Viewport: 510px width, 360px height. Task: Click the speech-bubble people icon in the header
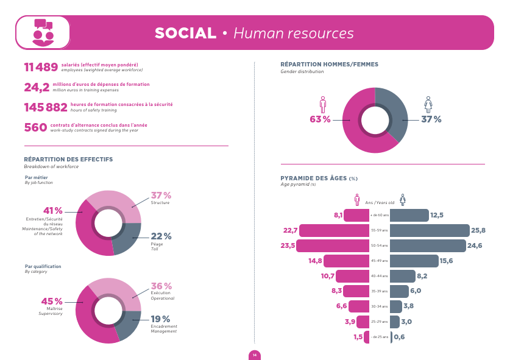click(x=43, y=32)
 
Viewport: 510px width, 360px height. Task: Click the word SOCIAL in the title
click(x=185, y=33)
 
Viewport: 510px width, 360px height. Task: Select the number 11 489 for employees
click(x=41, y=67)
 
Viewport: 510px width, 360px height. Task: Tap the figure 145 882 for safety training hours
click(x=46, y=107)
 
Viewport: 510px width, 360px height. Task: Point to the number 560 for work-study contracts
click(x=35, y=127)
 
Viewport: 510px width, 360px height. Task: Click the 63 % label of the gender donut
click(x=320, y=119)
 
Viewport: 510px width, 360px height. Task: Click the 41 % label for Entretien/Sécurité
click(x=53, y=211)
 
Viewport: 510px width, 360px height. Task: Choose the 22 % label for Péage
click(x=161, y=236)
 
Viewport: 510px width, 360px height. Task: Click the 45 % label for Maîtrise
click(x=51, y=302)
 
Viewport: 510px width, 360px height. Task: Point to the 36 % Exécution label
click(x=161, y=286)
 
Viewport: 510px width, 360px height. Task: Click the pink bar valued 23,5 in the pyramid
click(x=333, y=245)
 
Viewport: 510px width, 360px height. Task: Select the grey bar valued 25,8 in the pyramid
click(x=430, y=230)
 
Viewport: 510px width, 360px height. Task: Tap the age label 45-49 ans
click(x=379, y=261)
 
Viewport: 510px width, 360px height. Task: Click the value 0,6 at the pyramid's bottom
click(x=399, y=337)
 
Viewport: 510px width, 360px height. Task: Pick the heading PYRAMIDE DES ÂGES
click(x=314, y=178)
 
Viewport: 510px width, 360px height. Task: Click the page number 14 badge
click(x=255, y=355)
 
